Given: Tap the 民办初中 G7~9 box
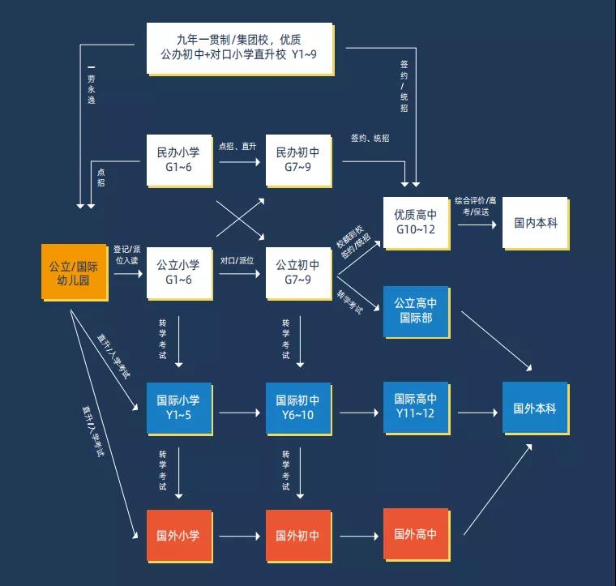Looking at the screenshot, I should coord(297,158).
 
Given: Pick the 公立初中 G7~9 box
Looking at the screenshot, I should coord(297,272).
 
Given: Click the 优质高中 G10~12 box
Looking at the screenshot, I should coord(416,221).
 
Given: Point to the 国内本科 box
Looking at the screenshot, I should coord(536,221).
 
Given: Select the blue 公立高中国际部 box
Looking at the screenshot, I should coord(416,310).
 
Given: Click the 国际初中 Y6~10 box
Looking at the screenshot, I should coord(297,407).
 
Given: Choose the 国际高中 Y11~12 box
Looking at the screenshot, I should coord(416,407).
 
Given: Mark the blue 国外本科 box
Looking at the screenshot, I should coord(535,408).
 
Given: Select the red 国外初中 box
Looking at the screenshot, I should coord(297,535).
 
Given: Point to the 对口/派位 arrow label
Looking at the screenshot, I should coord(237,261).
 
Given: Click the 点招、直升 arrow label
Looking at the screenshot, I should coord(237,147).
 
